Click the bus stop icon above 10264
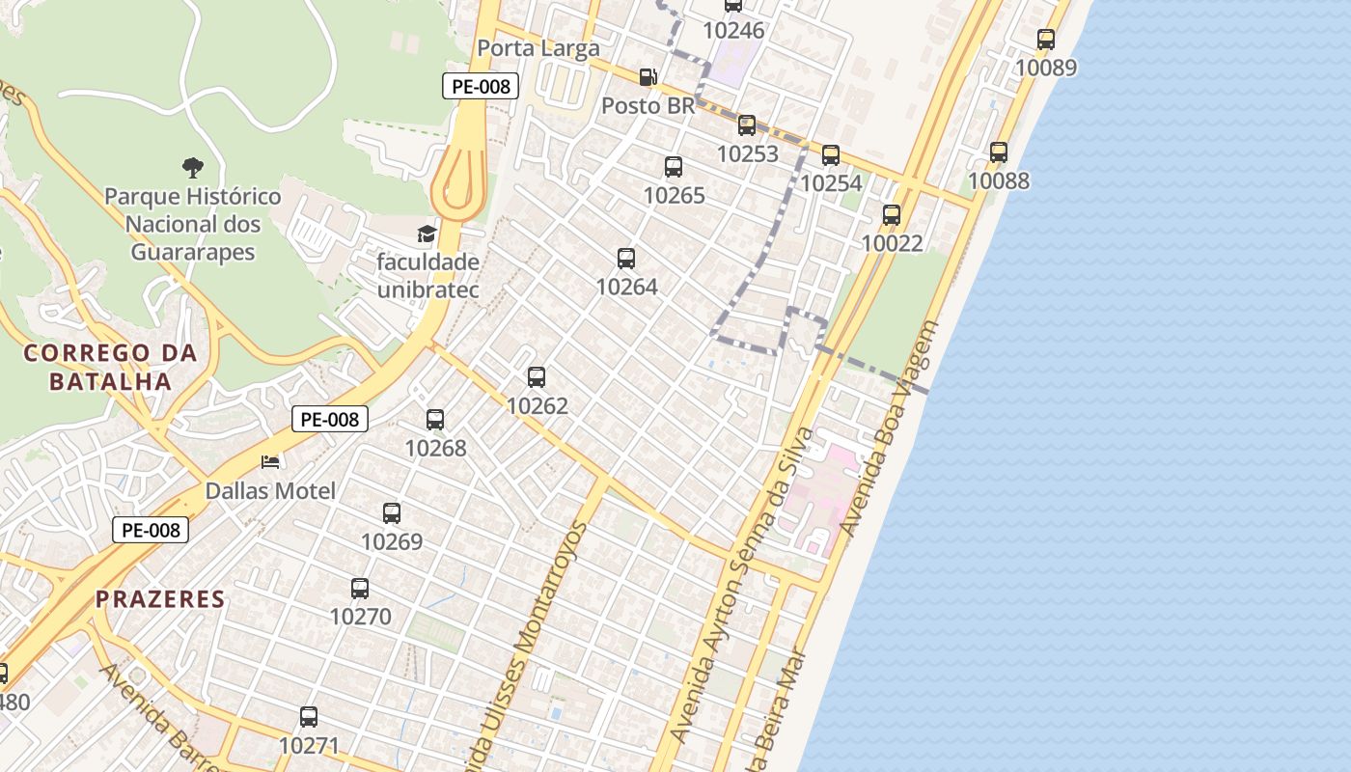point(626,258)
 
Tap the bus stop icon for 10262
point(537,377)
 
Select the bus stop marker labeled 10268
point(435,420)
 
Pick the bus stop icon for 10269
point(392,513)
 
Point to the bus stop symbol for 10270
point(360,588)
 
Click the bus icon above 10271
point(309,717)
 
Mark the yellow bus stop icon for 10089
point(1046,40)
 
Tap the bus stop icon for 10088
point(999,152)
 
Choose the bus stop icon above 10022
point(892,215)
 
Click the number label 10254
point(831,183)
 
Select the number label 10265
point(674,196)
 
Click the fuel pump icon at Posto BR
point(648,77)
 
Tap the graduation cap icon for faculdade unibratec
point(427,234)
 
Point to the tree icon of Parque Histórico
point(193,167)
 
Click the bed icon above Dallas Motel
point(270,462)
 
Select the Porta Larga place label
point(538,48)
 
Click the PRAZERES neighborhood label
point(160,599)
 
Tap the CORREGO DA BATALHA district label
point(110,367)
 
